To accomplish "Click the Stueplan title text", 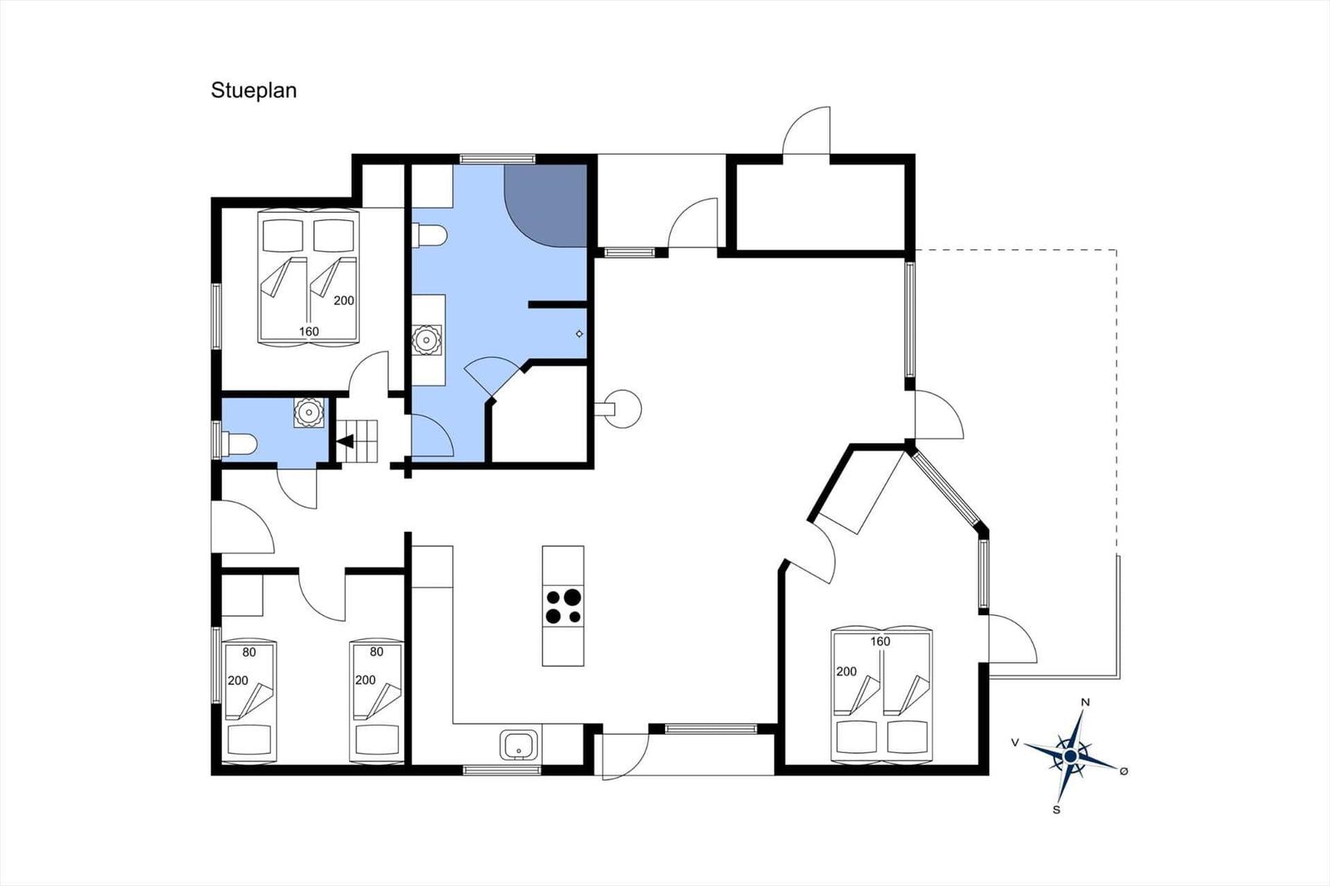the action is point(254,91).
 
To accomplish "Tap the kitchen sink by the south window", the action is point(519,744).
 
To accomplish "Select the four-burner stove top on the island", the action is point(563,607).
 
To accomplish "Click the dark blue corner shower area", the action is point(545,205).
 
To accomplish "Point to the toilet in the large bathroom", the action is point(429,234).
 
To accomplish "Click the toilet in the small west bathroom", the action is point(239,444).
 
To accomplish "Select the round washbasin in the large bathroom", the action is point(426,340).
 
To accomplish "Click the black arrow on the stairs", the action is point(346,441).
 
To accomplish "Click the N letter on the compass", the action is point(1086,702).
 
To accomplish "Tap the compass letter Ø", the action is point(1123,770).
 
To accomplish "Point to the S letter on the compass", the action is point(1057,810).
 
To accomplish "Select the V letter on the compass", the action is point(1015,742).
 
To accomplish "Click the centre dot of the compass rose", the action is point(1071,756).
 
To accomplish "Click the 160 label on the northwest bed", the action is point(308,332).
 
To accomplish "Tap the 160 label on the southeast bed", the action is point(880,642).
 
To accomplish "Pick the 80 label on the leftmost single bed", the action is point(249,652).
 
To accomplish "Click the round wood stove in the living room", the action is point(623,409).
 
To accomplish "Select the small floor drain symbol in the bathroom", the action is point(579,334).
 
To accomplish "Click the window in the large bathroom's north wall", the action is point(498,159).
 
